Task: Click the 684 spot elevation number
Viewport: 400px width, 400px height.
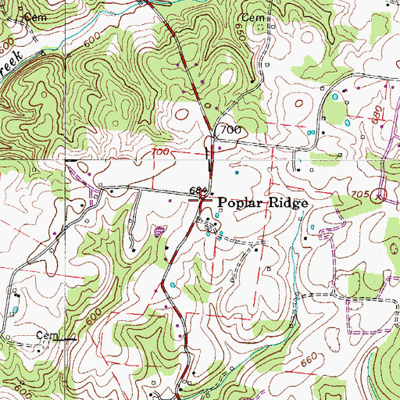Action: (198, 191)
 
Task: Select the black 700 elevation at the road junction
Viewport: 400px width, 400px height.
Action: (230, 129)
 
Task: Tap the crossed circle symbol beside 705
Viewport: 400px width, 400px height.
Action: (380, 195)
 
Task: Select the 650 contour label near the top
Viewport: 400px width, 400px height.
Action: (239, 31)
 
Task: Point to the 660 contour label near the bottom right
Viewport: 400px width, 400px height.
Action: (310, 359)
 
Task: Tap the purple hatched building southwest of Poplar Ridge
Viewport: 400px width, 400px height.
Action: (160, 230)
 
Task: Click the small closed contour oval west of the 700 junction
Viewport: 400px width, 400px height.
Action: (182, 115)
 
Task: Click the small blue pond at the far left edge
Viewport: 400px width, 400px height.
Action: (14, 310)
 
